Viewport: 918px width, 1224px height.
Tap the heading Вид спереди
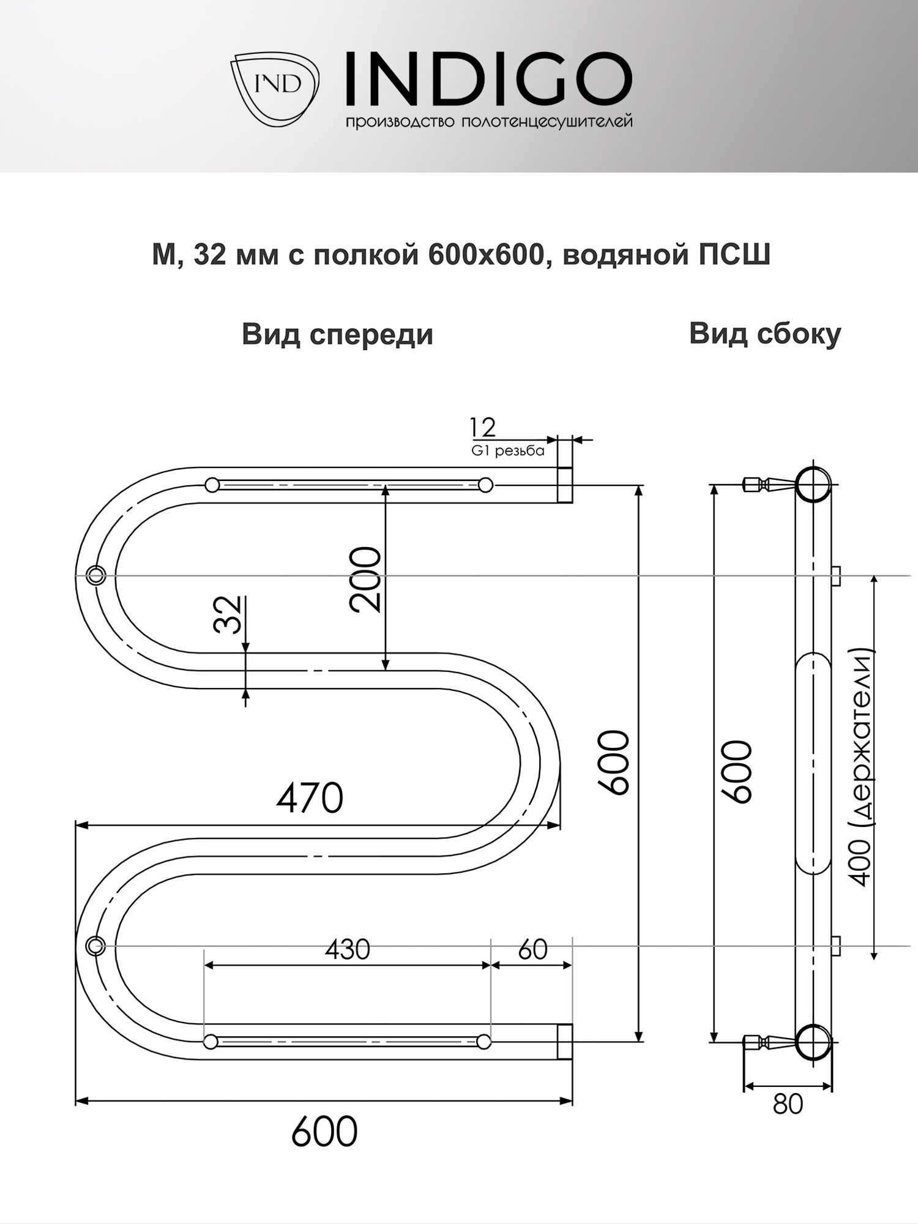(x=337, y=335)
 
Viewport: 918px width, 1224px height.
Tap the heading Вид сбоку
(x=765, y=334)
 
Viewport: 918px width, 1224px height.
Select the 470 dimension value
(x=310, y=799)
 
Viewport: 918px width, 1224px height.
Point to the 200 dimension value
(x=366, y=579)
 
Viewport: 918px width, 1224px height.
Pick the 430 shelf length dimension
(x=347, y=949)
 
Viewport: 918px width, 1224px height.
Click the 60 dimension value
(x=532, y=949)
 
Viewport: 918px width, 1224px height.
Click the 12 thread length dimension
(x=482, y=427)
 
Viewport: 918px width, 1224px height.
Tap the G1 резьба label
(x=507, y=452)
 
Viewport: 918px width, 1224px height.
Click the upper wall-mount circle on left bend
(x=96, y=575)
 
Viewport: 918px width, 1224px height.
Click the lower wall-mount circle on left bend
(x=95, y=946)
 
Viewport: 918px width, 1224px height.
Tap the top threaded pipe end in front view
(x=565, y=485)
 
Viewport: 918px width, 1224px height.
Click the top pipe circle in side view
(x=813, y=485)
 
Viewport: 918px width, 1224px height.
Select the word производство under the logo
(x=398, y=122)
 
